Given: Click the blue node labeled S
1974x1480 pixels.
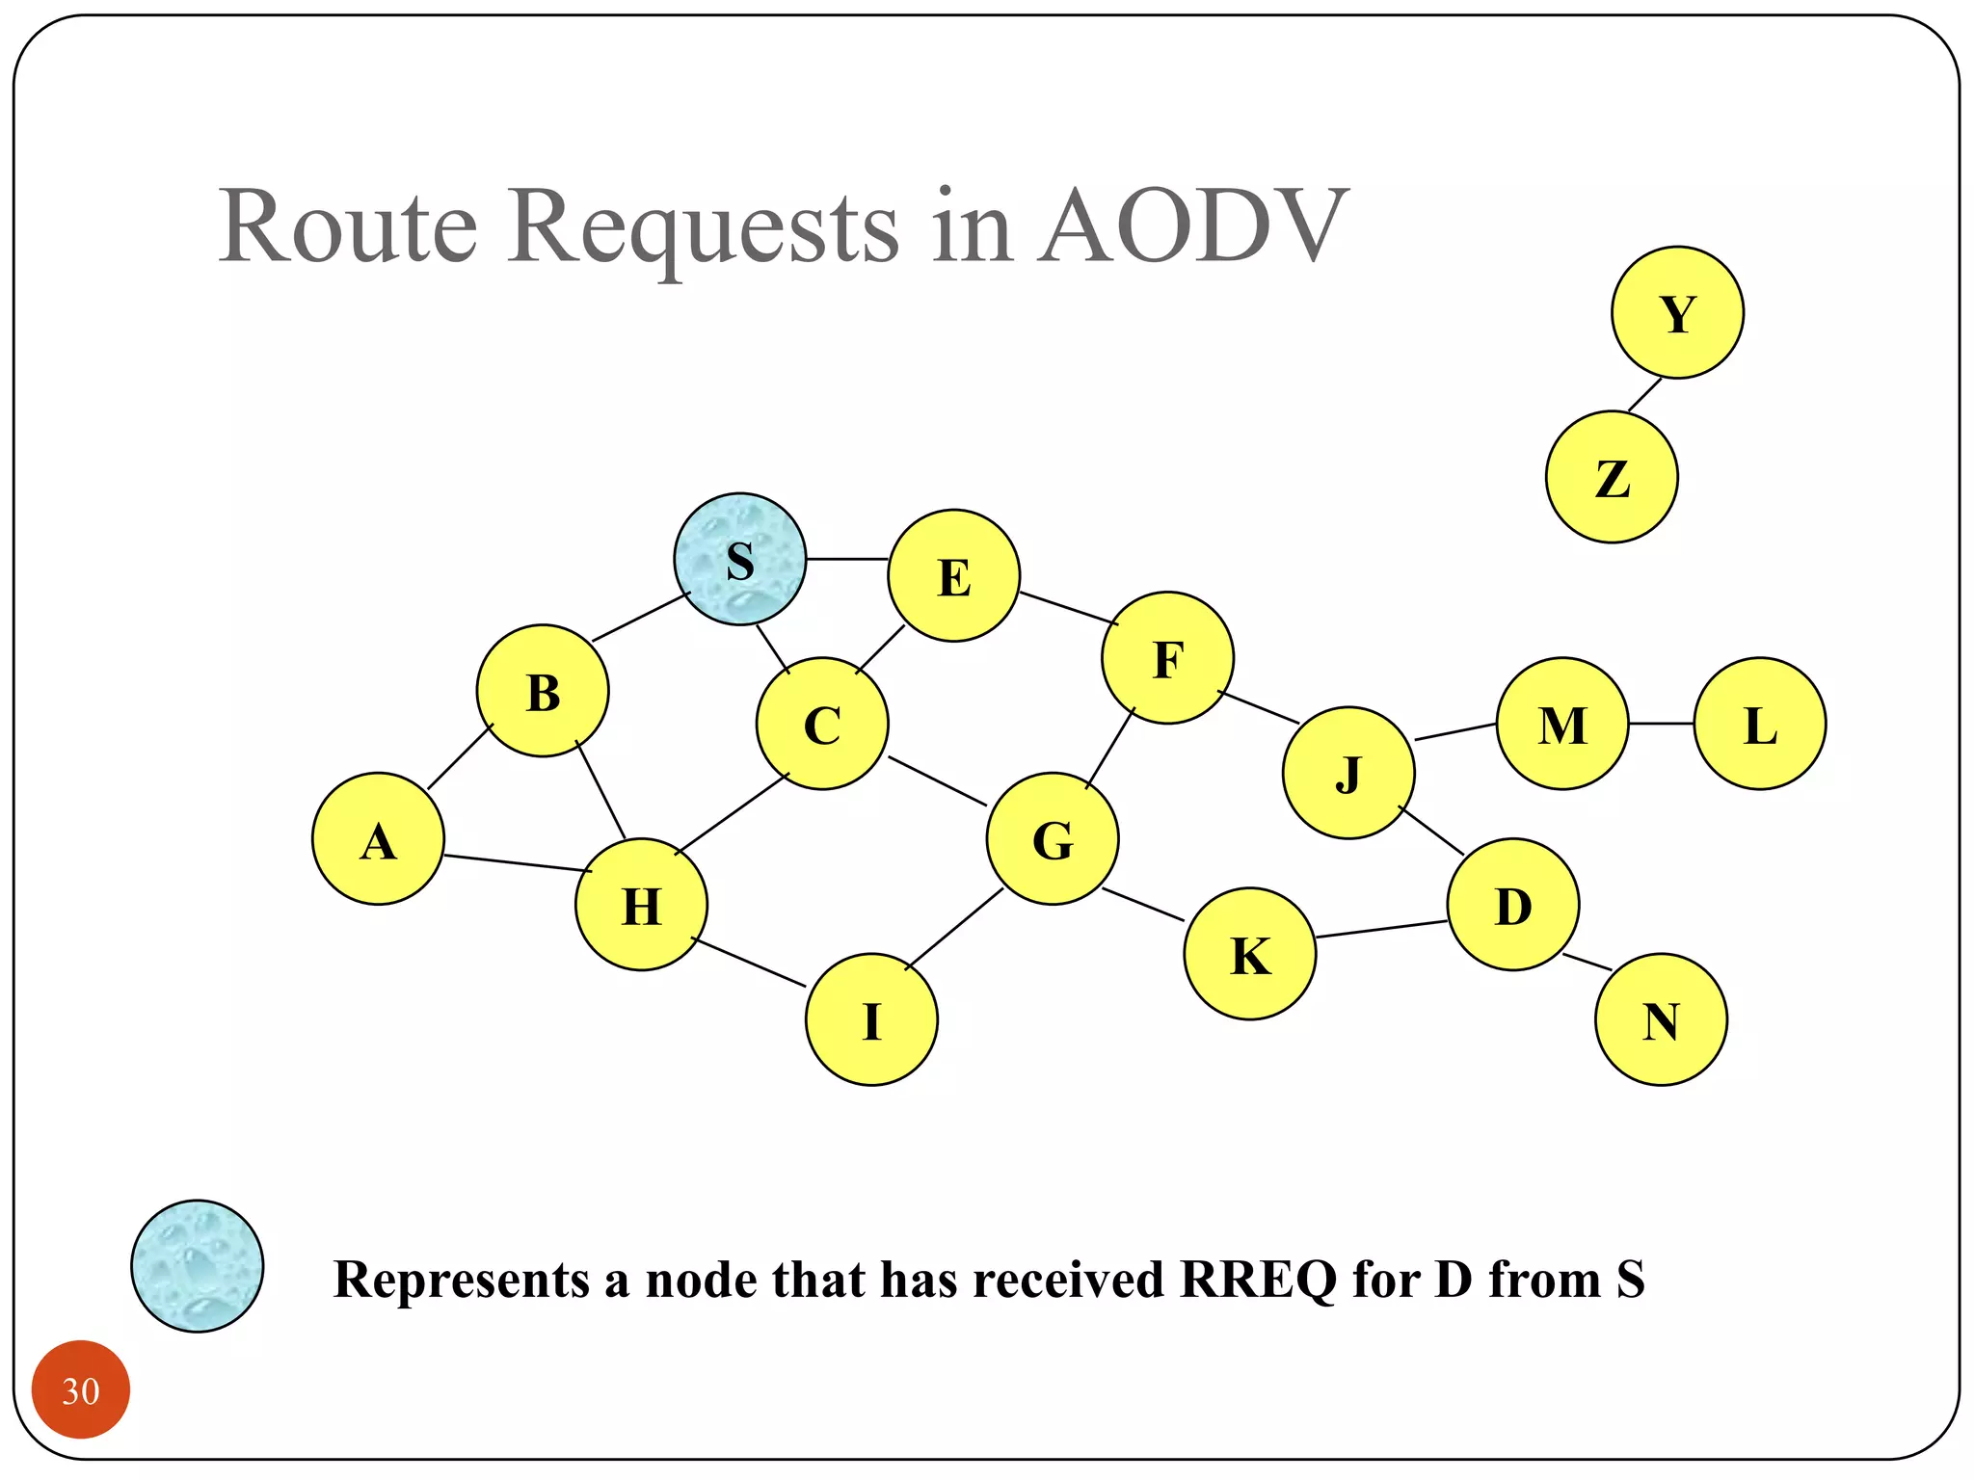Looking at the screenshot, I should [x=739, y=559].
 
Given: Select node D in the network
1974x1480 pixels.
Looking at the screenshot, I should [x=1512, y=904].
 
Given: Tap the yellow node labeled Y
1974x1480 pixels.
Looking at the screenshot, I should [x=1677, y=312].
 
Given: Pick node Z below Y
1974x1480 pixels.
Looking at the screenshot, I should [x=1612, y=477].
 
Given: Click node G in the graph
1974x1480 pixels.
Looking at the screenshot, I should [x=1053, y=838].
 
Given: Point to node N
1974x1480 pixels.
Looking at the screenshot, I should [x=1661, y=1019].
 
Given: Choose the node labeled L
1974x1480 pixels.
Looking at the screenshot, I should [x=1759, y=724].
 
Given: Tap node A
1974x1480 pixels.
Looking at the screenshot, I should [x=378, y=838].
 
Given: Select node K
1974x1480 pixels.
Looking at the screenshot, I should [x=1249, y=953].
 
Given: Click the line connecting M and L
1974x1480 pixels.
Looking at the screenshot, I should [x=1661, y=724].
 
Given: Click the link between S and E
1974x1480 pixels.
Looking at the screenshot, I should [x=847, y=559].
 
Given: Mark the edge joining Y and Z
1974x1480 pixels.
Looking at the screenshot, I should [x=1645, y=395].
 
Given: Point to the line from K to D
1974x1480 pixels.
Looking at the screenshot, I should [x=1381, y=929].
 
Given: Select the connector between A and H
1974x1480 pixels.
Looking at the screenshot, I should [x=517, y=863].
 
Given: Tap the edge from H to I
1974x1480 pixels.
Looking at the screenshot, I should [x=749, y=963].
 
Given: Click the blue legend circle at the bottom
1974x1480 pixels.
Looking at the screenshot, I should [x=197, y=1266].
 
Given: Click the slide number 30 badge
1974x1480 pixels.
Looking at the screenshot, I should [x=81, y=1389].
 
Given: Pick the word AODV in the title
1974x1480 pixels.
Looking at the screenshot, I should [x=1193, y=227].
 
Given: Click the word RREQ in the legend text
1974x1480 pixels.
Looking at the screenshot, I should [x=1258, y=1280].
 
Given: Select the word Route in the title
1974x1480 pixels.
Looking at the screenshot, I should [x=348, y=227].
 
